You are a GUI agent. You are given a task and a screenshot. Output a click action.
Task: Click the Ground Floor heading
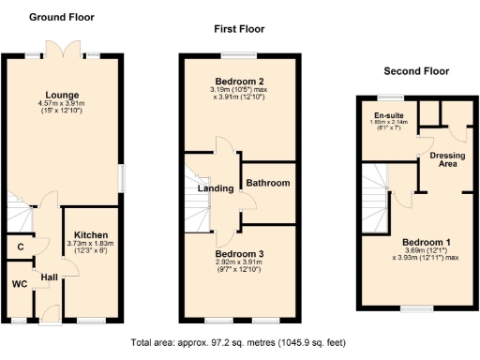tap(61, 17)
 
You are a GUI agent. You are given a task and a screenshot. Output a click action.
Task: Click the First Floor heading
tap(238, 30)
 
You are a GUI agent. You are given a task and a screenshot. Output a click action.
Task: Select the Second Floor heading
tap(416, 71)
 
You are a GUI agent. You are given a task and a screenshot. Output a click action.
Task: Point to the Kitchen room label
tap(91, 234)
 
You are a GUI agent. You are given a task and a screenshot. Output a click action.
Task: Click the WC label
tap(19, 283)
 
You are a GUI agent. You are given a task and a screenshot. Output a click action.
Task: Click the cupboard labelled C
tap(20, 247)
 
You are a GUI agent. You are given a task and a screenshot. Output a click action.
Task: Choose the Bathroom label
tap(267, 183)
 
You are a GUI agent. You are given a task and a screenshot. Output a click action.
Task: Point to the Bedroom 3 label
tap(240, 254)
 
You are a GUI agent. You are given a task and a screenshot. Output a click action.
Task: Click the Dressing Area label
tap(448, 158)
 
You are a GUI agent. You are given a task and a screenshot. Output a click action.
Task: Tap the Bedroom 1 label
tap(418, 240)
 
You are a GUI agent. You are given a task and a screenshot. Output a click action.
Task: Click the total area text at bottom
tap(238, 341)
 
